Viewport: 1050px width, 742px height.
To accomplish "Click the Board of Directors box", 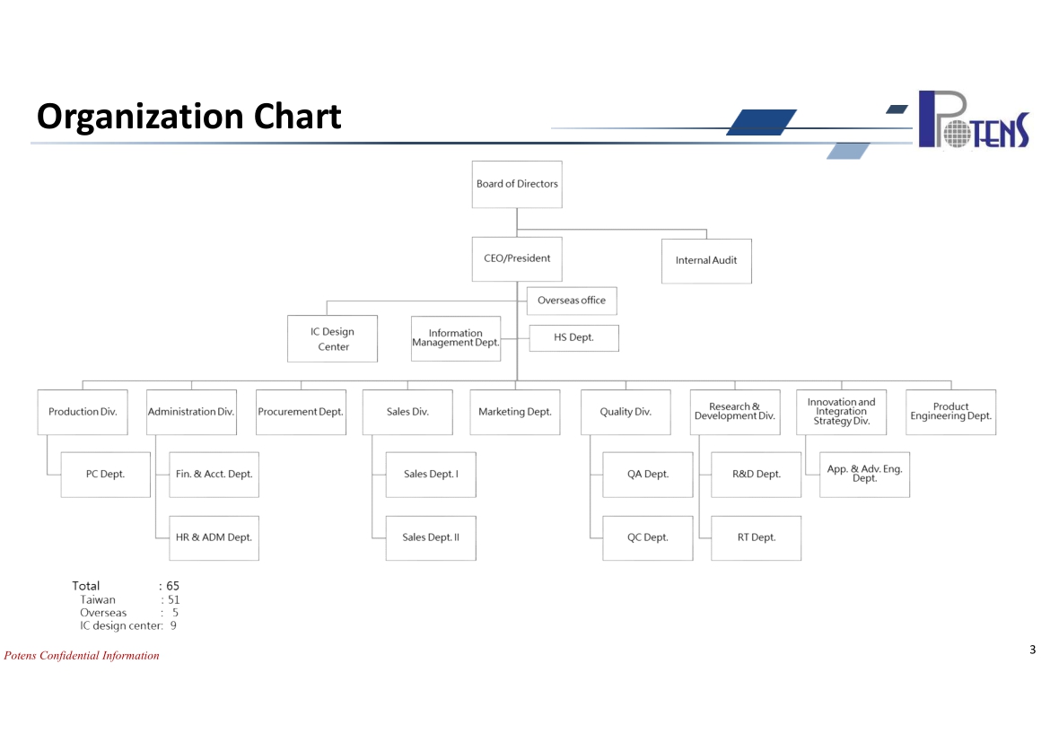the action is coord(517,184).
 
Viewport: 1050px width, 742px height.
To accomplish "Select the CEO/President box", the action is coord(517,259).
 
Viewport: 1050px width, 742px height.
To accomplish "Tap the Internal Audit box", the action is coord(706,261).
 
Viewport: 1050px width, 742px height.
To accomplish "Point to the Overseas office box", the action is coord(572,301).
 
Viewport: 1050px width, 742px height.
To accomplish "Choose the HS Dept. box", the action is coord(573,337).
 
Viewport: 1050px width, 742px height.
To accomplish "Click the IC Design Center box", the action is coord(333,339).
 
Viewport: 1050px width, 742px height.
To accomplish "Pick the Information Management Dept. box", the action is coord(456,339).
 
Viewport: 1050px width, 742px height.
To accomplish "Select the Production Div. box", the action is coord(83,412).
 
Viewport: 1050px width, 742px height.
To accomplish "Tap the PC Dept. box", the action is coord(106,474).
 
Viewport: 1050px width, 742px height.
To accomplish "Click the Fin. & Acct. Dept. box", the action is coord(214,474).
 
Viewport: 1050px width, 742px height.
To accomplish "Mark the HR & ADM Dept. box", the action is coord(214,537).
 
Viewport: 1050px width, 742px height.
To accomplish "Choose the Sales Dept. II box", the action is coord(432,537).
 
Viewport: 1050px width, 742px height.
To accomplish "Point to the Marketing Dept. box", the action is coord(515,412).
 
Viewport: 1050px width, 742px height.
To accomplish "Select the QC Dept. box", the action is coord(648,537).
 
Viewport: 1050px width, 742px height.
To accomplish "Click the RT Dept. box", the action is coord(756,537).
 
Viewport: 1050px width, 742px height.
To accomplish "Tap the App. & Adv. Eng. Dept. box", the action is coord(864,474).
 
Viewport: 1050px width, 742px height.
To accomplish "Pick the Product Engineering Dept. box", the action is coord(951,412).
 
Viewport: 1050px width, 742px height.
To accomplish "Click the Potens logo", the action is coord(974,119).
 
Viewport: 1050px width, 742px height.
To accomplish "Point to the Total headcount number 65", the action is coord(173,586).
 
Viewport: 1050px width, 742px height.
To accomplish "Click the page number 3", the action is coord(1033,650).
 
